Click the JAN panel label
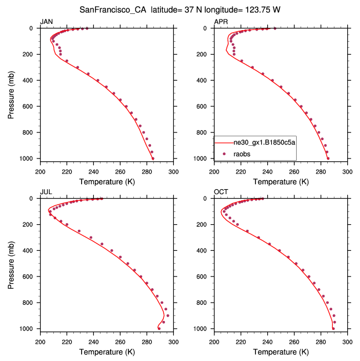[x=46, y=22]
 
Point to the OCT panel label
[x=221, y=192]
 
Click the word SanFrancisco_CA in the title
[x=113, y=9]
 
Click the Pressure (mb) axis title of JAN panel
[x=11, y=93]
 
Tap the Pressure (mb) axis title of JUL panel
[x=11, y=264]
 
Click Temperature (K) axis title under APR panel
[x=281, y=181]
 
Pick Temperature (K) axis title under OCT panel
[x=281, y=352]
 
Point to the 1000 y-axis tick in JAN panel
[x=29, y=159]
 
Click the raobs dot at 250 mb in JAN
[x=67, y=61]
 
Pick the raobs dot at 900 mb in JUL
[x=168, y=315]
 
